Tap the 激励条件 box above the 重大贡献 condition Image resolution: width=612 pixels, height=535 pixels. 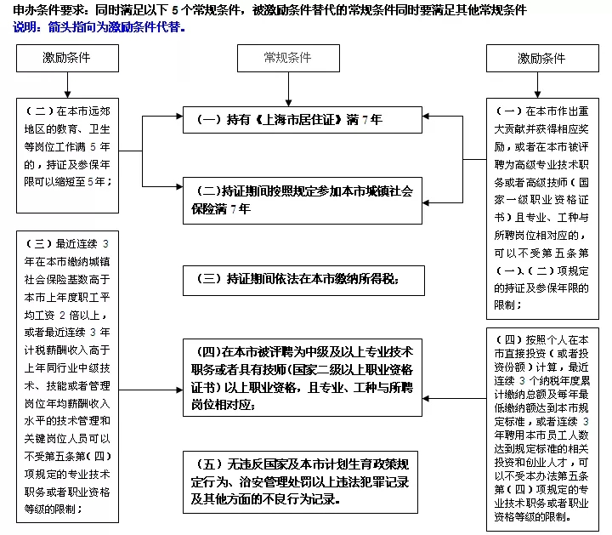[x=541, y=59]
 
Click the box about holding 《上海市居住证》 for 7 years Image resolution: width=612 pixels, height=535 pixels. [x=303, y=120]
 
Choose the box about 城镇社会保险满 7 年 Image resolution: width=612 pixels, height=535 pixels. [x=303, y=199]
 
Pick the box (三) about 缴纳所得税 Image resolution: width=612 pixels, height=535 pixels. [x=303, y=278]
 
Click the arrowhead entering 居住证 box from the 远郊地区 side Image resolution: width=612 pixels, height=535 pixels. [x=176, y=119]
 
